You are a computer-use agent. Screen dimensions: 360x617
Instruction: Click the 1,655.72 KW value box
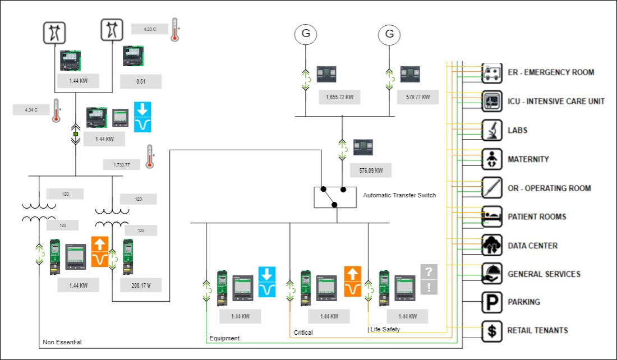point(339,97)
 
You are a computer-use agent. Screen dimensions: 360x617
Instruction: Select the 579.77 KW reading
point(418,97)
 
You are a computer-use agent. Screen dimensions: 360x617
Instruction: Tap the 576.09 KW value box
point(371,170)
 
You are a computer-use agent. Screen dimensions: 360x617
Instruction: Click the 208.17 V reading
point(141,285)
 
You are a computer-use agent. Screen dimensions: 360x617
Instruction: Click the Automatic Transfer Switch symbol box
point(335,197)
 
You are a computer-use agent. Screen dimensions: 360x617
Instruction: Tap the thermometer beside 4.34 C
point(56,110)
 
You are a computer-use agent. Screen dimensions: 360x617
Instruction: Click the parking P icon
point(492,302)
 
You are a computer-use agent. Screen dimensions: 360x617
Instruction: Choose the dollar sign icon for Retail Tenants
point(492,331)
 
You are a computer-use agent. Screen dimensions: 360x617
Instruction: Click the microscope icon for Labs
point(492,130)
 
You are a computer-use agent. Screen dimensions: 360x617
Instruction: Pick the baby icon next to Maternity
point(492,159)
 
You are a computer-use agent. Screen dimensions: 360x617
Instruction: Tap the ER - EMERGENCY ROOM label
point(550,72)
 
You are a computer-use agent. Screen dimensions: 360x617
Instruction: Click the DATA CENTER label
point(532,246)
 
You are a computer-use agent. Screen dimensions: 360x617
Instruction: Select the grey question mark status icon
point(429,272)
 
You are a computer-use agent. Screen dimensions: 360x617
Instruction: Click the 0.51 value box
point(141,81)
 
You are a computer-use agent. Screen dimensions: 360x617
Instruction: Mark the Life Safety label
point(385,329)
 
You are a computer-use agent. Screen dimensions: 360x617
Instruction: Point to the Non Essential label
point(62,342)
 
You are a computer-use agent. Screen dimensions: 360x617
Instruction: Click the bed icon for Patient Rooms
point(492,216)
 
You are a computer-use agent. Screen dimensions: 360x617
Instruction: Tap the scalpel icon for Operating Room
point(492,188)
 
